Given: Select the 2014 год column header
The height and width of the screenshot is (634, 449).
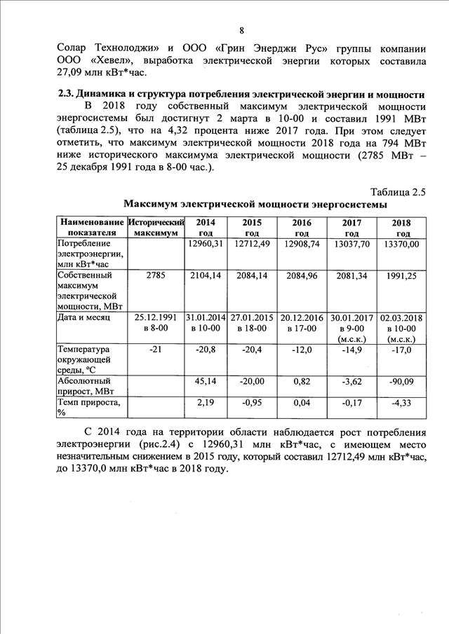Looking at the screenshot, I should point(206,227).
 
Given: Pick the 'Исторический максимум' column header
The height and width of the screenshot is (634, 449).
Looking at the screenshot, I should point(156,227).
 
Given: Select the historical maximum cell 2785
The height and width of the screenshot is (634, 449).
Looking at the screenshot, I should point(156,276).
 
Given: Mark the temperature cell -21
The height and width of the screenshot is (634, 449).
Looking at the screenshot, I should point(156,349).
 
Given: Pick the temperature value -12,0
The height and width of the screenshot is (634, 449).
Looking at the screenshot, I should point(302,349).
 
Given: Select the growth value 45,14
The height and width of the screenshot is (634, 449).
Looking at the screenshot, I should point(206,381).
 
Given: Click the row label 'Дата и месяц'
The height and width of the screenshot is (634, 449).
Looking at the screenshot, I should point(87,317).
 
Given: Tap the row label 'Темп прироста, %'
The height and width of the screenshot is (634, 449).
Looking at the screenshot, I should point(88,408).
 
